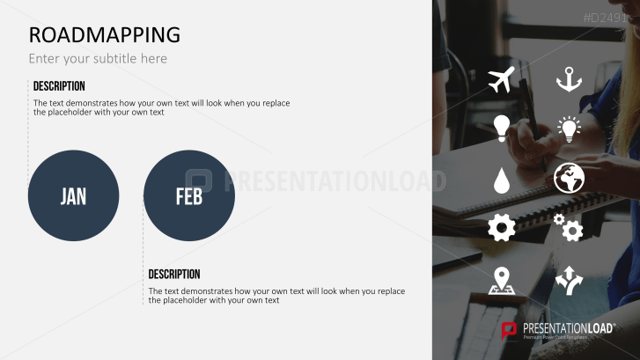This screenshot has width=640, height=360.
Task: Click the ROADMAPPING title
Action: point(104,34)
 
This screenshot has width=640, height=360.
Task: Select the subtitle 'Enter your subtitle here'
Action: point(98,59)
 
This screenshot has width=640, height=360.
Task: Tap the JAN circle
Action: point(73,195)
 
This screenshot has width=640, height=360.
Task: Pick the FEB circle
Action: point(188,195)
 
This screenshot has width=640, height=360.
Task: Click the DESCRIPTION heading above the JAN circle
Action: point(59,86)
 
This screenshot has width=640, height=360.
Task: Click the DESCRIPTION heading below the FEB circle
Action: point(174,275)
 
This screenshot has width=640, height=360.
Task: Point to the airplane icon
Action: point(501,79)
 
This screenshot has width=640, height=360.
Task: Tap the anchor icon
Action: point(569,79)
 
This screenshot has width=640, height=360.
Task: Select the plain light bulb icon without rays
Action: point(501,129)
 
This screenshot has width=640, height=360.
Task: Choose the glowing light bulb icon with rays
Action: point(570,129)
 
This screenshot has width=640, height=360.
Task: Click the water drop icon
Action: point(501,180)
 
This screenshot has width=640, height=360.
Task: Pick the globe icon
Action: point(569,179)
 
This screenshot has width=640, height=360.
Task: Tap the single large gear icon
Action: point(501,229)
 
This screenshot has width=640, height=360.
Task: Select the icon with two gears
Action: point(569,228)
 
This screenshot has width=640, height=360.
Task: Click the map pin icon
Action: point(502,280)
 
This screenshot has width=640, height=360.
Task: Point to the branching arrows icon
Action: point(569,280)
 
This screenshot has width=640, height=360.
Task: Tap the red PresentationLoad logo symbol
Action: point(509,331)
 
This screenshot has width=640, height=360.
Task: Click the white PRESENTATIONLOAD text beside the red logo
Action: point(568,327)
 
